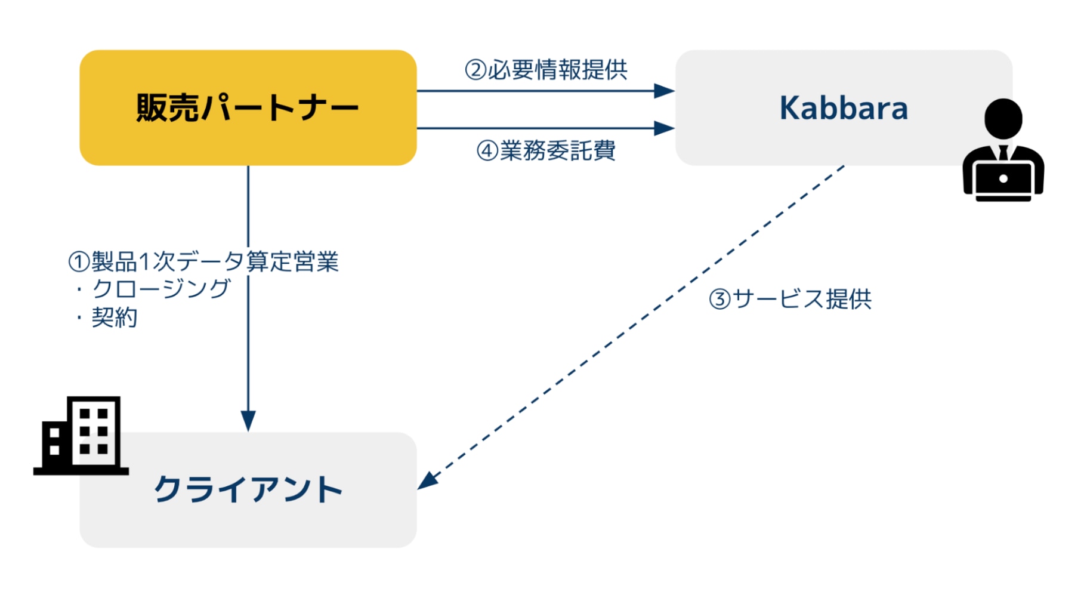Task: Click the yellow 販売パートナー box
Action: click(248, 107)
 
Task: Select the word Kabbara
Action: click(844, 108)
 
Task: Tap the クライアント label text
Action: click(248, 489)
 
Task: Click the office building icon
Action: click(81, 436)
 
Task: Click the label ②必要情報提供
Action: click(546, 70)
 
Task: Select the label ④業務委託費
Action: click(546, 150)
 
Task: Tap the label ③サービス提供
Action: click(790, 299)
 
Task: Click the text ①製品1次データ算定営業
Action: click(203, 261)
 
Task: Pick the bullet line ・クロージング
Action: click(152, 289)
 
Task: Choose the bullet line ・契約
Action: click(106, 317)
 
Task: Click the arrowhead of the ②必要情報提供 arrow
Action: click(664, 91)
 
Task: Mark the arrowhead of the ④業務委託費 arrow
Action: click(664, 128)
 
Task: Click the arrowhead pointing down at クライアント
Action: click(248, 421)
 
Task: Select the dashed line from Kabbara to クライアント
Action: click(631, 328)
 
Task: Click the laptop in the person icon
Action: click(1003, 180)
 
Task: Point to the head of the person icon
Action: click(1003, 118)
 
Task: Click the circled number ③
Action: click(720, 299)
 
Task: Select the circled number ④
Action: click(487, 150)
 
